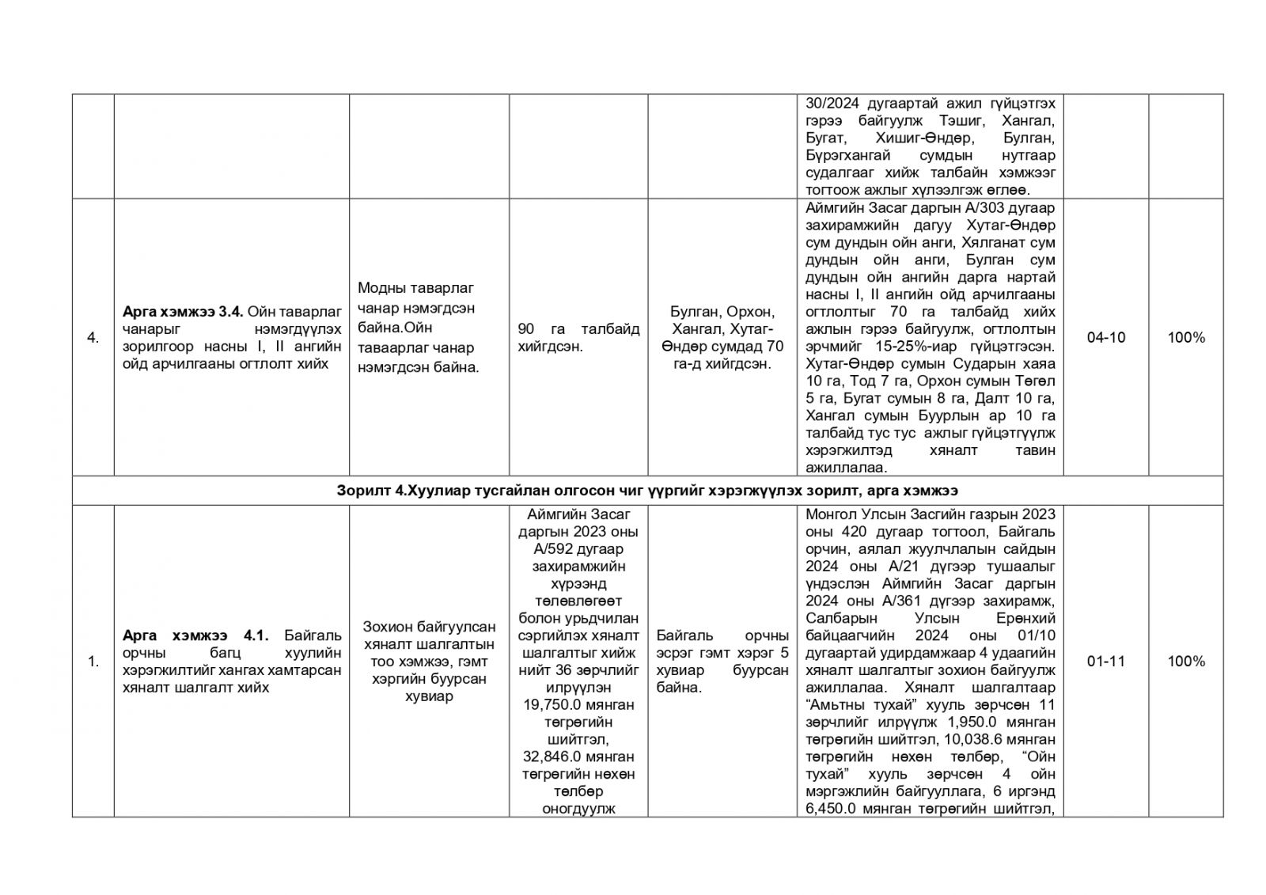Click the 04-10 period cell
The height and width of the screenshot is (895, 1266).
point(1105,338)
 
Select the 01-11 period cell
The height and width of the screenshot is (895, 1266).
point(1105,662)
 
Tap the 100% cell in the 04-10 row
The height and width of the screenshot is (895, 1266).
point(1185,338)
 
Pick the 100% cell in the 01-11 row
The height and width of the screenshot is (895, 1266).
point(1185,662)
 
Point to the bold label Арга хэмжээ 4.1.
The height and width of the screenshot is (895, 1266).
point(195,635)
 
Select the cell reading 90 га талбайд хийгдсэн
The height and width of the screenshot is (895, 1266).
point(578,338)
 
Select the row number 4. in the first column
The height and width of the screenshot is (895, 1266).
point(93,338)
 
